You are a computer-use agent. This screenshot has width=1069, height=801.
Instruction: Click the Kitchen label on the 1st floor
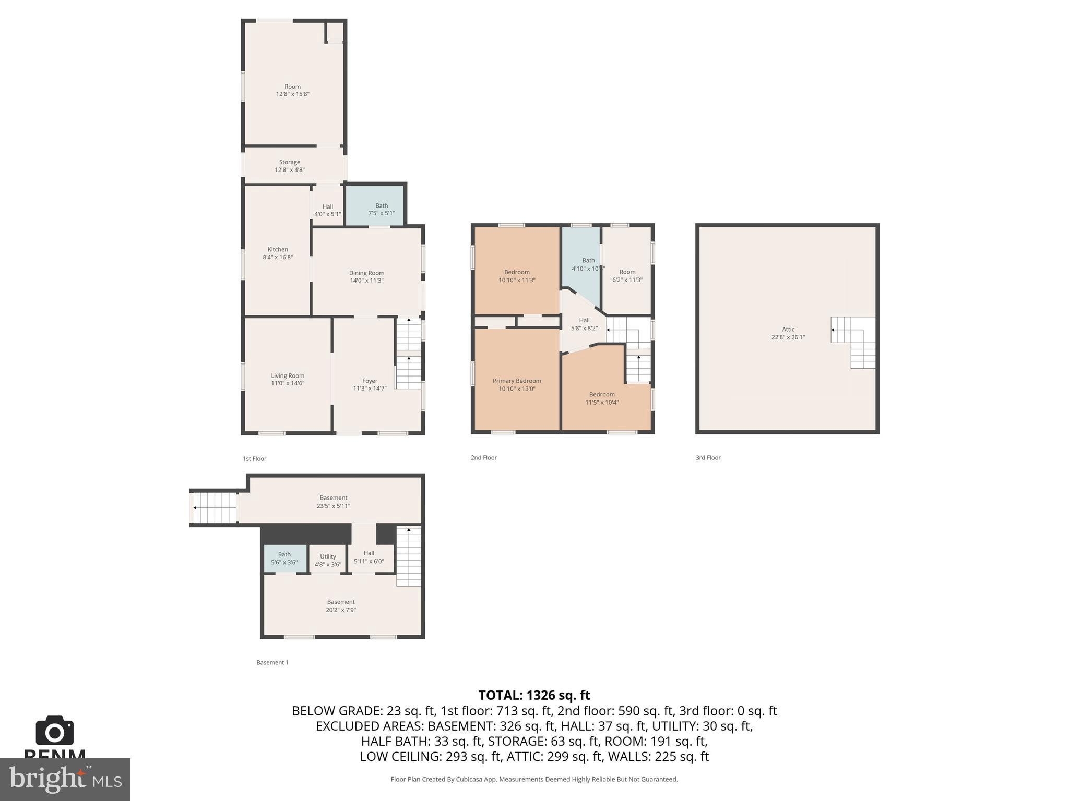(x=278, y=250)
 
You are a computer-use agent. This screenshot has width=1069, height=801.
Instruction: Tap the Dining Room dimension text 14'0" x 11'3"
(x=366, y=281)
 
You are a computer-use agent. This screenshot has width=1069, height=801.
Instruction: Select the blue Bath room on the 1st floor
(x=375, y=205)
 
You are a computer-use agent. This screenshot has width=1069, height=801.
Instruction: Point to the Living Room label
(x=288, y=375)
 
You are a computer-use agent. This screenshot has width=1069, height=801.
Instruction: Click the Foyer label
(x=370, y=381)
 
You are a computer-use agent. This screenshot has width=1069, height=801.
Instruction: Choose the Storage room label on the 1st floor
(x=289, y=162)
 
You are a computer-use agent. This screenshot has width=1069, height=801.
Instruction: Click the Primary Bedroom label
(x=517, y=381)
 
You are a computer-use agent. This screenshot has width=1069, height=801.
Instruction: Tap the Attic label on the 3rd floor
(x=788, y=329)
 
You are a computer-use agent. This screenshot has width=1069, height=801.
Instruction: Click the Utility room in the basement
(x=328, y=560)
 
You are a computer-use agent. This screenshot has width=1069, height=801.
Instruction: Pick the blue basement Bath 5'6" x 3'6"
(x=284, y=559)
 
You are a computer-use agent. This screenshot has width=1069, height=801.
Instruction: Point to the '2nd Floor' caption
(x=483, y=458)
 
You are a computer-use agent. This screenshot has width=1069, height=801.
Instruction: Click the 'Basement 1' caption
(x=272, y=662)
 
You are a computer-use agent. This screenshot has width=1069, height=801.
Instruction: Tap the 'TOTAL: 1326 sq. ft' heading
(x=534, y=695)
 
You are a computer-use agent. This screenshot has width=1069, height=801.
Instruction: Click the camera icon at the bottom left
(x=54, y=731)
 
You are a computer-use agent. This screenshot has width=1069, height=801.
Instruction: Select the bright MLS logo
(x=65, y=779)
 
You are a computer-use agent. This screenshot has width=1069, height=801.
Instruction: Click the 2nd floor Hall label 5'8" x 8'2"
(x=584, y=324)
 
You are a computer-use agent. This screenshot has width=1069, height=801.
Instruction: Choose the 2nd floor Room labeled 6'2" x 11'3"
(x=627, y=276)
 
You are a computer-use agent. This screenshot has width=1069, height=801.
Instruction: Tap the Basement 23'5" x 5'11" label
(x=333, y=502)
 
